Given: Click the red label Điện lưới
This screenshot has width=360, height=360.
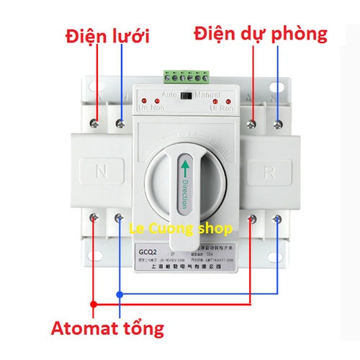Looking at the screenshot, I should click(x=111, y=35).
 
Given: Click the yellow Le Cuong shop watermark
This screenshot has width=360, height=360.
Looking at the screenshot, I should click(x=180, y=230).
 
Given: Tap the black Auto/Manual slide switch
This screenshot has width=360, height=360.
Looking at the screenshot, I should click(x=189, y=94).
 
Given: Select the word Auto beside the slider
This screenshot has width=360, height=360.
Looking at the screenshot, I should click(x=170, y=94).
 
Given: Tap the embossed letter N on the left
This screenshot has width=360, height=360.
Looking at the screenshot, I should click(x=102, y=171).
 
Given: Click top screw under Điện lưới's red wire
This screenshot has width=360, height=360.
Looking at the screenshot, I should click(x=94, y=123).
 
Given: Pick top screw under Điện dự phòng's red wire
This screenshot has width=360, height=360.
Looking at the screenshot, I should click(x=251, y=125).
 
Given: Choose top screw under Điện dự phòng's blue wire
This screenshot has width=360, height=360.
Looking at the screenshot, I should click(x=279, y=124).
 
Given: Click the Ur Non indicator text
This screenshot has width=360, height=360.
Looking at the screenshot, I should click(x=153, y=108).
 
